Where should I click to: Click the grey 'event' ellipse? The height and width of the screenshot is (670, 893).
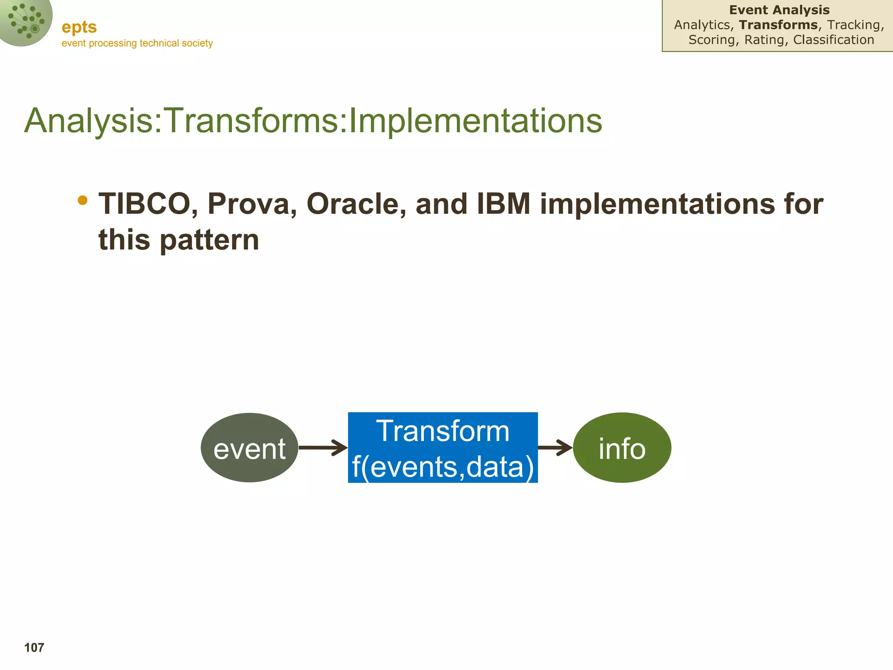point(249,448)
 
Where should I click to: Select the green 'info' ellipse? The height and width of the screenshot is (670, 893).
point(622,448)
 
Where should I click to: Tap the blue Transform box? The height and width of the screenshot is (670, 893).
point(443,448)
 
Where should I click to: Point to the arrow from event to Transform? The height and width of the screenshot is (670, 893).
point(323,448)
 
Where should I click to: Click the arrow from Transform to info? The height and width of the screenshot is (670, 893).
point(556,448)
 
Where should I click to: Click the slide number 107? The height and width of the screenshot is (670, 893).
point(34,648)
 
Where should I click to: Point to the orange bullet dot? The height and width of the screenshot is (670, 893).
point(82,200)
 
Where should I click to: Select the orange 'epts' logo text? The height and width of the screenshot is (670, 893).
point(79,27)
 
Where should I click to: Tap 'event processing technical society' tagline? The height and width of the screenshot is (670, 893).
point(137,43)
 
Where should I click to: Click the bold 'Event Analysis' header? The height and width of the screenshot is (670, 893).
point(779,10)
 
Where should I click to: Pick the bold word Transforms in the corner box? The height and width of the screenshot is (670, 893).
point(778,25)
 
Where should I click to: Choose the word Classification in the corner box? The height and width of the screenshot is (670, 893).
point(834,40)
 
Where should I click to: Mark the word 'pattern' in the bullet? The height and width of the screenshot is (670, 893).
point(209,240)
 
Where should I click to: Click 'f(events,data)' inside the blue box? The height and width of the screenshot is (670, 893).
point(443,467)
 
